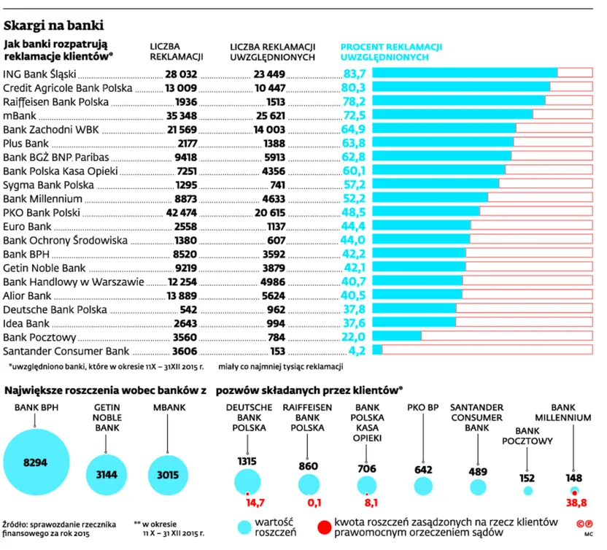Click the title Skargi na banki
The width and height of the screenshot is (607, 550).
tap(54, 26)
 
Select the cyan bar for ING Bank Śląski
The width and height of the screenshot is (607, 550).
tap(465, 73)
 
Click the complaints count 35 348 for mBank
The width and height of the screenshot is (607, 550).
tap(182, 116)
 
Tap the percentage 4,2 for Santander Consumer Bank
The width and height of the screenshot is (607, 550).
tap(357, 351)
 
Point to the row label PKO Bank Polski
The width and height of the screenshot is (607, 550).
tap(42, 212)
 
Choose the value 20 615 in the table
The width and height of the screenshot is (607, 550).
tap(270, 212)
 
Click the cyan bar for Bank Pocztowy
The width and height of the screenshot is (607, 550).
tap(396, 336)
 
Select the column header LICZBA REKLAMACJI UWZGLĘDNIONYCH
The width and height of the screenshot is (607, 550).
tap(273, 52)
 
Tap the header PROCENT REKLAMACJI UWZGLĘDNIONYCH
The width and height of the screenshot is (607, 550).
tap(391, 52)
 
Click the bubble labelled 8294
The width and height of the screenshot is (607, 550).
tap(36, 462)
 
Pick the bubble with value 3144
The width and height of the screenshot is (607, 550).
tap(107, 475)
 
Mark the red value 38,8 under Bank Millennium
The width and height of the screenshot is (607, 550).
tap(576, 503)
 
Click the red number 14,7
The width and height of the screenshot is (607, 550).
tap(255, 503)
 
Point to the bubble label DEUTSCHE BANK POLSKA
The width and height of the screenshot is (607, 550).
tap(249, 418)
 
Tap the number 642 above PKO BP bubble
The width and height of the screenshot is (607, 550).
tap(423, 470)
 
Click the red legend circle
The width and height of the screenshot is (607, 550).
tap(325, 527)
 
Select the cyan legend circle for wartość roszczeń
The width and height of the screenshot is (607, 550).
tap(244, 527)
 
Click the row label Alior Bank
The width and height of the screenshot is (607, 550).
tap(27, 295)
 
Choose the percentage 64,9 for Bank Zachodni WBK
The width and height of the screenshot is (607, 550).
tap(353, 129)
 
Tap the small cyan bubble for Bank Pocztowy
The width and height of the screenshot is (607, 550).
tap(527, 491)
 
